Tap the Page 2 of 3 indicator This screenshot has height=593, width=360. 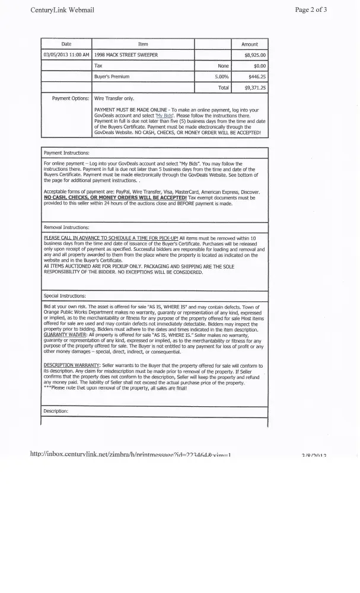(319, 10)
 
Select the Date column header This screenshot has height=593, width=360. (66, 44)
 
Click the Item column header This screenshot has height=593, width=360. (143, 44)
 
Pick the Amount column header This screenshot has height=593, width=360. (250, 44)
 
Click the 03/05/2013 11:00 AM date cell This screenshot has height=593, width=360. (66, 55)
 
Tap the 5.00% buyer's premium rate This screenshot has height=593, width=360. (222, 76)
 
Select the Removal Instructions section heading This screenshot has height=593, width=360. (66, 227)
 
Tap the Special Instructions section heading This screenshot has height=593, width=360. (65, 295)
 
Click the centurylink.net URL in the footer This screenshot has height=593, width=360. (130, 454)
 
